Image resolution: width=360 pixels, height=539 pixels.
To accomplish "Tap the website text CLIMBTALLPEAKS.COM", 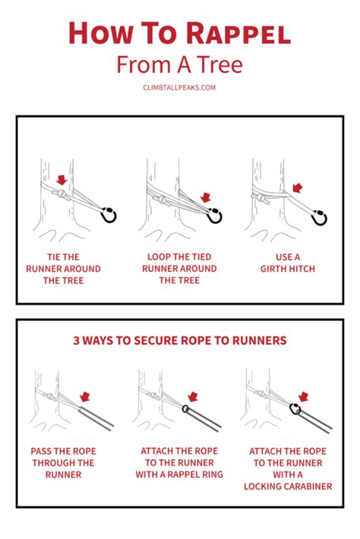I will [x=180, y=87].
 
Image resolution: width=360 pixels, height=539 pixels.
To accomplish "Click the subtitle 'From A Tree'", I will [x=180, y=65].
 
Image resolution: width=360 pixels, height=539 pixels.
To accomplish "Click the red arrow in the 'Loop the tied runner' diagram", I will [x=206, y=197].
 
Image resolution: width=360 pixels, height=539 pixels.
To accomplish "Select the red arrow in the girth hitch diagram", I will [x=297, y=187].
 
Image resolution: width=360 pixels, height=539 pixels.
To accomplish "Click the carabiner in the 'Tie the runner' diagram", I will [x=109, y=216].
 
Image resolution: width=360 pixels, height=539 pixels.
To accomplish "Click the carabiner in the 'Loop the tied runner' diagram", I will [x=216, y=216].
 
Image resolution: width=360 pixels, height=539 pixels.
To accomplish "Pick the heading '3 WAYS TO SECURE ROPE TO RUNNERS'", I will [x=180, y=341].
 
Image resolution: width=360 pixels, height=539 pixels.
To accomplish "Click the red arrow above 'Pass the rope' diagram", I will [x=84, y=396].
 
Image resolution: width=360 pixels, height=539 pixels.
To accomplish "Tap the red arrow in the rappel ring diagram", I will [x=192, y=396].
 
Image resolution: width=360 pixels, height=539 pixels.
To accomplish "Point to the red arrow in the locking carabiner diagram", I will [x=304, y=396].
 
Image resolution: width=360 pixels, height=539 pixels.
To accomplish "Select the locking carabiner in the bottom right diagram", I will [x=293, y=411].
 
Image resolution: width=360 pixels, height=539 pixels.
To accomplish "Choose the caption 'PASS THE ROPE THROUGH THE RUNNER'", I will [x=63, y=462].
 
